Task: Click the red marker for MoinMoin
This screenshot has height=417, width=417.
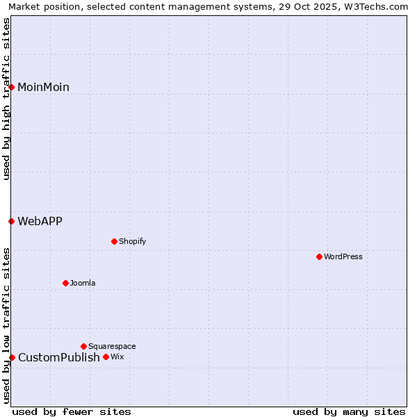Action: tap(12, 87)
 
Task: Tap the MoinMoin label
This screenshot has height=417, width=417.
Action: tap(43, 88)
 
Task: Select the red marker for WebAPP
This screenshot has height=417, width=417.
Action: tap(12, 221)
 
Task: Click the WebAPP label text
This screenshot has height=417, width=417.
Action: tap(40, 222)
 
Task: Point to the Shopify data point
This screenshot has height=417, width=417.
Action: tap(114, 241)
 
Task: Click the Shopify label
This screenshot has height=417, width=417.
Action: tap(132, 242)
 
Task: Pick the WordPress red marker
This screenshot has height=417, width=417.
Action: tap(319, 256)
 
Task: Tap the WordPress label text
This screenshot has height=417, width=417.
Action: tap(343, 257)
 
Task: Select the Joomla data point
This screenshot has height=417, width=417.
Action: tap(65, 283)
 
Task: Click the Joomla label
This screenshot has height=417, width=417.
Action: tap(83, 284)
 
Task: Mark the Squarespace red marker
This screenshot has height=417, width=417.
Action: tap(83, 346)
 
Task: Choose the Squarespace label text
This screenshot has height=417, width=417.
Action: tap(112, 347)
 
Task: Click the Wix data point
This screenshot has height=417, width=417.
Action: tap(106, 357)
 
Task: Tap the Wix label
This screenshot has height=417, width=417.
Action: tap(117, 357)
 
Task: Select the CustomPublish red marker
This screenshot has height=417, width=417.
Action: tap(12, 357)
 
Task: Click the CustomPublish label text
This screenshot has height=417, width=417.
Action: tap(59, 358)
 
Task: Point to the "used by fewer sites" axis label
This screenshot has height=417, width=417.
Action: tap(72, 411)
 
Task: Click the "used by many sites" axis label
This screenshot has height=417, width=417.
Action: tap(349, 411)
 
